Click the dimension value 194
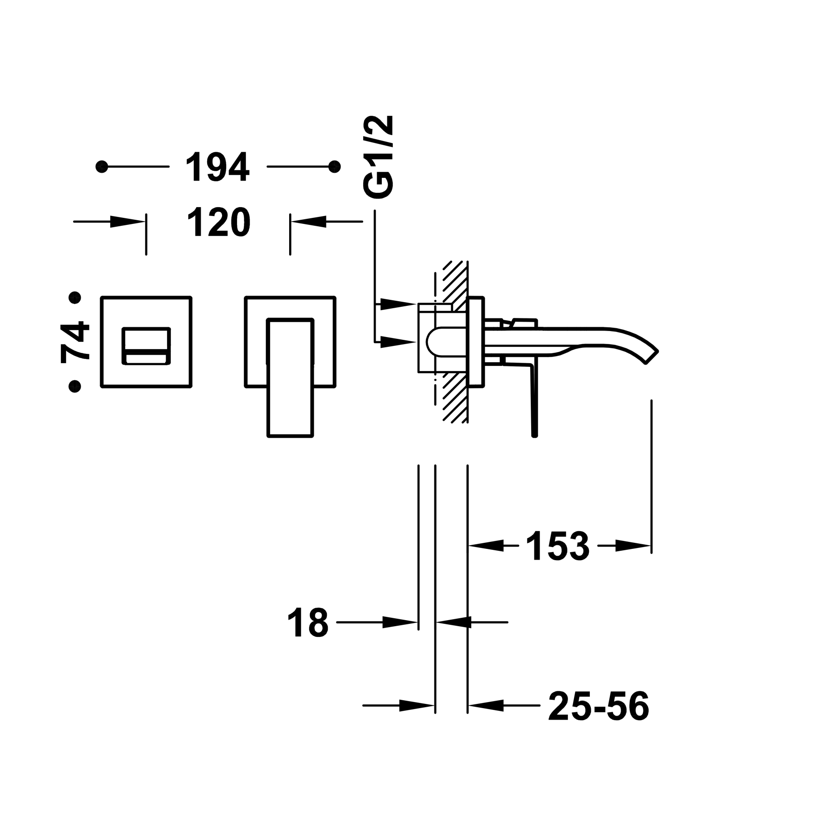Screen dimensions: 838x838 click(218, 166)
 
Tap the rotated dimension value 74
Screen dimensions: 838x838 click(75, 341)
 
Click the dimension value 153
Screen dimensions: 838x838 click(557, 545)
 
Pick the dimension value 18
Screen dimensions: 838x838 click(308, 622)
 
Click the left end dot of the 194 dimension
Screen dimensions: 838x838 click(101, 166)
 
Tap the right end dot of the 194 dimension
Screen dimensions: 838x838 click(334, 166)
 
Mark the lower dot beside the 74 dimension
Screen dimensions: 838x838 click(74, 385)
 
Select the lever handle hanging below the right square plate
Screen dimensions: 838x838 click(289, 377)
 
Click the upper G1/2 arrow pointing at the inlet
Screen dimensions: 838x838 click(399, 304)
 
